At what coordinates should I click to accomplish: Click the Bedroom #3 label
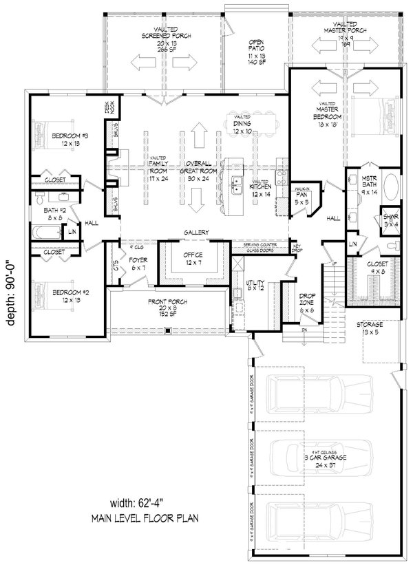click(67, 140)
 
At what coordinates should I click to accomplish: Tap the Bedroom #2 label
click(67, 297)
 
